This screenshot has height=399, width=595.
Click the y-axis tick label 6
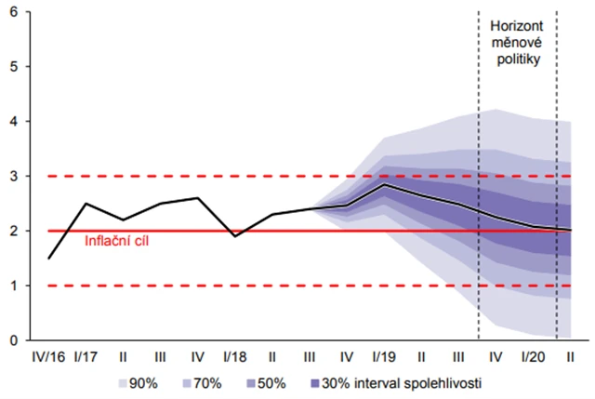14,12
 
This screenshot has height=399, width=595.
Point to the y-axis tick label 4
14,121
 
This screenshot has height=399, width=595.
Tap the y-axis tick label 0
14,340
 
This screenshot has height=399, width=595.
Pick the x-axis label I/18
235,357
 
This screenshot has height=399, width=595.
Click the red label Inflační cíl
115,243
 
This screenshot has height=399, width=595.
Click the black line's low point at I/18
235,236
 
